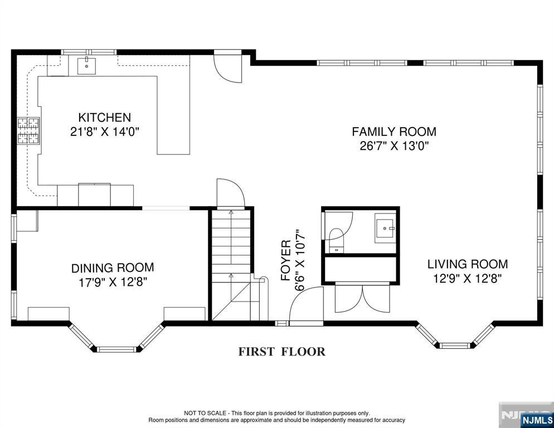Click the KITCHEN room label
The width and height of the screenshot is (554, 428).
coord(105,118)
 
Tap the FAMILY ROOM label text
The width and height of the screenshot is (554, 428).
coord(394,132)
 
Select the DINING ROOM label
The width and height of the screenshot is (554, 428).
coord(113,268)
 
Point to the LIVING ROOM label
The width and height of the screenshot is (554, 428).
coord(468,264)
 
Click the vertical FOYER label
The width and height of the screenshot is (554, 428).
coord(286,260)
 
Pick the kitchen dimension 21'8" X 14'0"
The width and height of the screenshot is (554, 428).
coord(105,132)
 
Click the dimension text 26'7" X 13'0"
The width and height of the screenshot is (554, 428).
coord(394,146)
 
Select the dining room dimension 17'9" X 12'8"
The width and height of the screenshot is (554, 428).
coord(113,283)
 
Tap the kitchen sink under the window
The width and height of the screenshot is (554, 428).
coord(86,66)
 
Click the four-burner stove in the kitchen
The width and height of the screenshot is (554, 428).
coord(28,131)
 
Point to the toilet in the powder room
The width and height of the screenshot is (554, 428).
coord(336,240)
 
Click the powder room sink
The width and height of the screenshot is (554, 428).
coord(385,228)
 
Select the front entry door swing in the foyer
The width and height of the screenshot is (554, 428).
coord(306,305)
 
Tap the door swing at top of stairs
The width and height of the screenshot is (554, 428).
coord(231,193)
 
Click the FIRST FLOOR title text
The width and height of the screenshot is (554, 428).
coord(281,352)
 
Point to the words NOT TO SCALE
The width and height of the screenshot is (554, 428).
coord(205,413)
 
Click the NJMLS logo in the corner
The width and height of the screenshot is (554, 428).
coord(536,420)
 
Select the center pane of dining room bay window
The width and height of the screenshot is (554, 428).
coord(116,349)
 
